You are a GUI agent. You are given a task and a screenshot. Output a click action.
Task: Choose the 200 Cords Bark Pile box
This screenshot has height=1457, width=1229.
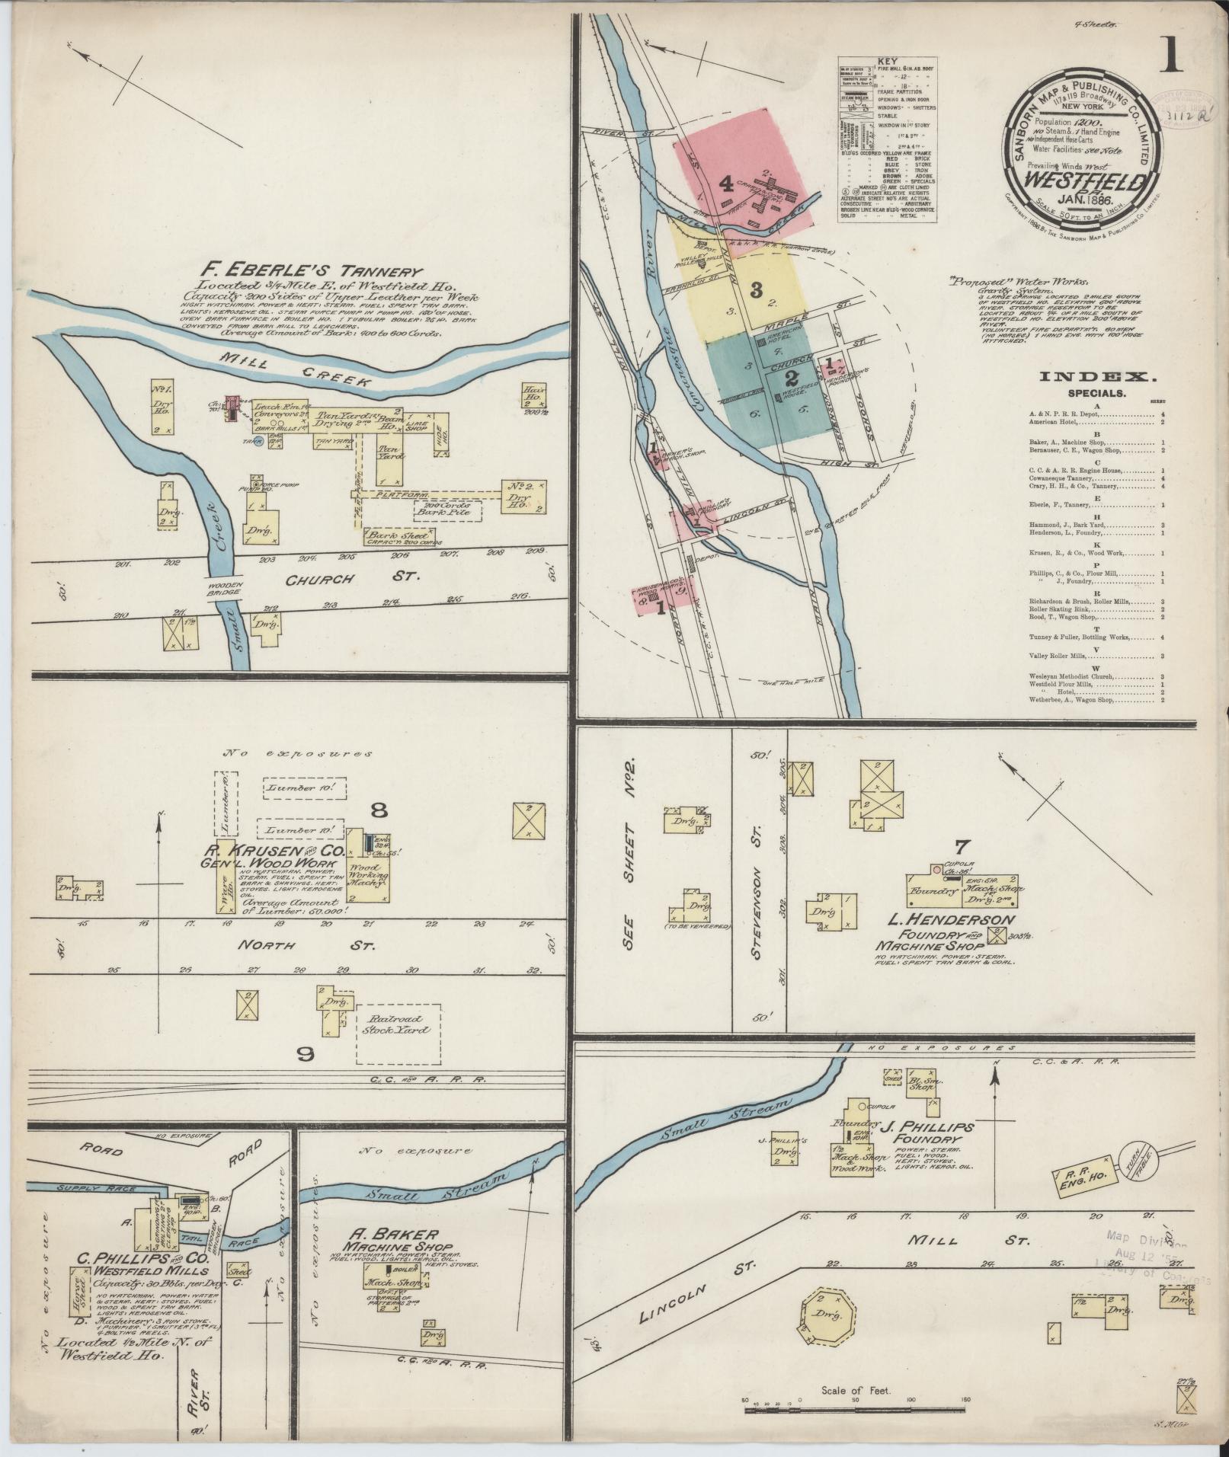(x=448, y=509)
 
